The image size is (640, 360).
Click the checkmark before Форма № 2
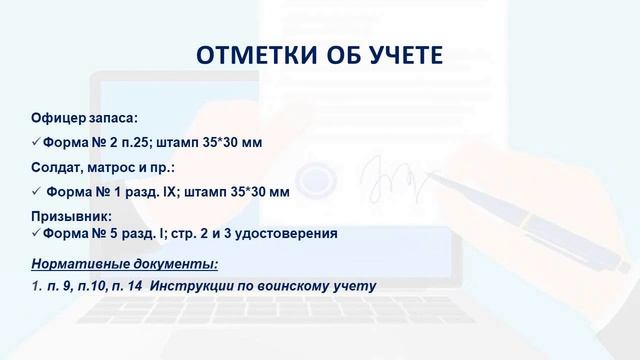[x=36, y=142]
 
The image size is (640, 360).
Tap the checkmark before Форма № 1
[x=36, y=190]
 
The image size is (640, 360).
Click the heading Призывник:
[x=71, y=215]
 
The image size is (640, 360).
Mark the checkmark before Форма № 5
[x=36, y=234]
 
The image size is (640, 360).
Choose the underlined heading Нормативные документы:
[x=124, y=264]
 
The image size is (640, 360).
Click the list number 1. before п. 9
[x=36, y=286]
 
